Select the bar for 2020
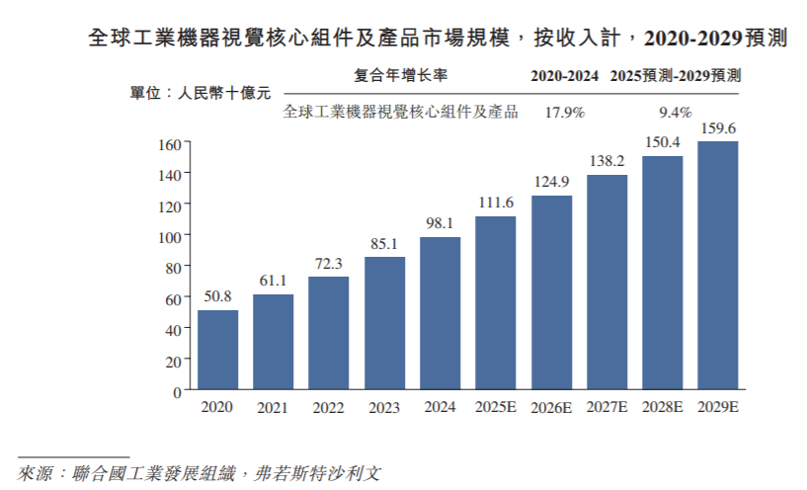coord(217,351)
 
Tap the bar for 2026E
coord(551,293)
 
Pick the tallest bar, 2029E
coord(718,267)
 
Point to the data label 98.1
coord(440,224)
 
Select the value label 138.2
coord(606,161)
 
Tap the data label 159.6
coord(718,128)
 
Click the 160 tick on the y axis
coord(169,143)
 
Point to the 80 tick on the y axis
coord(172,268)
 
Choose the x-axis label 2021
coord(273,408)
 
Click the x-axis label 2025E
coord(495,408)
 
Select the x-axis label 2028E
coord(662,408)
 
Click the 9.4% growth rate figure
coord(676,112)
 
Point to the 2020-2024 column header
coord(565,76)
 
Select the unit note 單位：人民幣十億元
coord(201,94)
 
